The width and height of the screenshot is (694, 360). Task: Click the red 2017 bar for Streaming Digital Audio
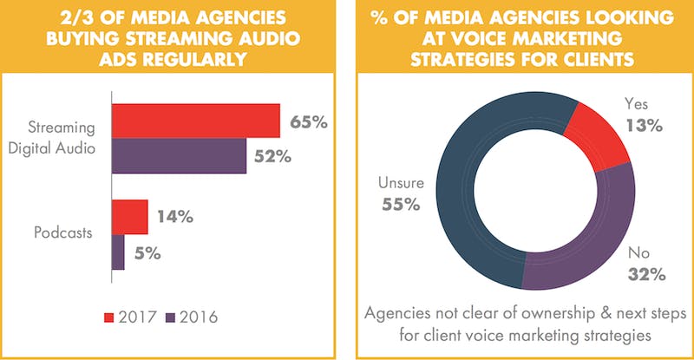coord(195,121)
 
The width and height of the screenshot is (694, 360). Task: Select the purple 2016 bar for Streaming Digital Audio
coord(179,156)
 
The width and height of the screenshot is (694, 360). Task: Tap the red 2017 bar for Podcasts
coord(129,217)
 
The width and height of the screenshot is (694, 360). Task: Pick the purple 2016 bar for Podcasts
coord(118,252)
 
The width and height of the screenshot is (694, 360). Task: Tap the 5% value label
coord(147,253)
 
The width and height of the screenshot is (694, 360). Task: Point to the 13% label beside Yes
coord(643,126)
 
